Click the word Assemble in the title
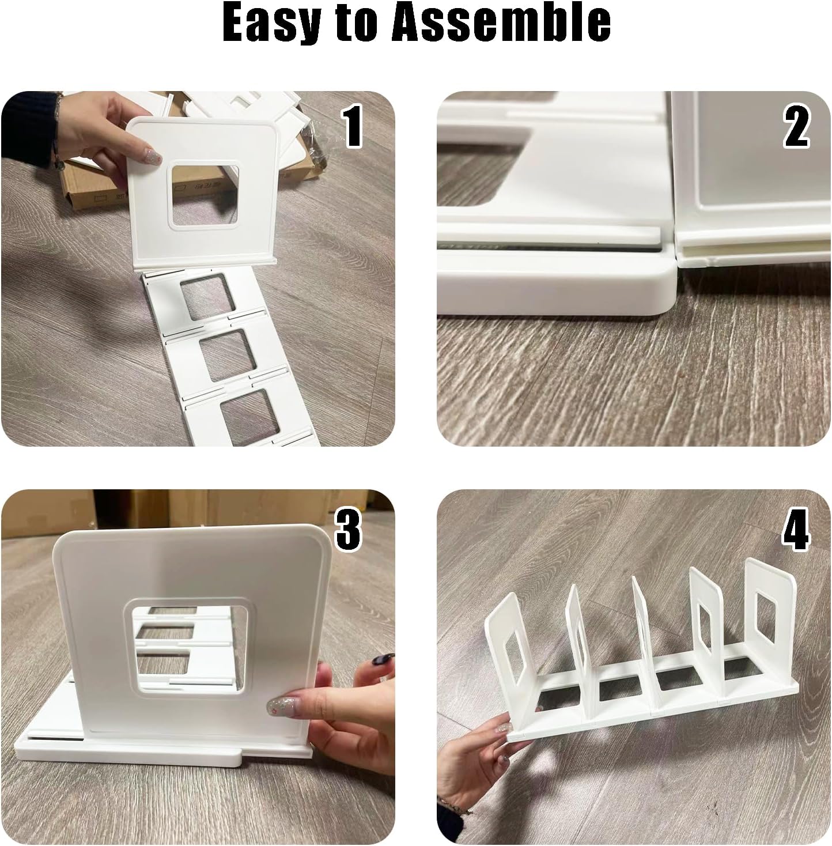[500, 22]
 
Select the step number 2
[796, 126]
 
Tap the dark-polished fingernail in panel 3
[381, 659]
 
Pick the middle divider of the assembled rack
[642, 637]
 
